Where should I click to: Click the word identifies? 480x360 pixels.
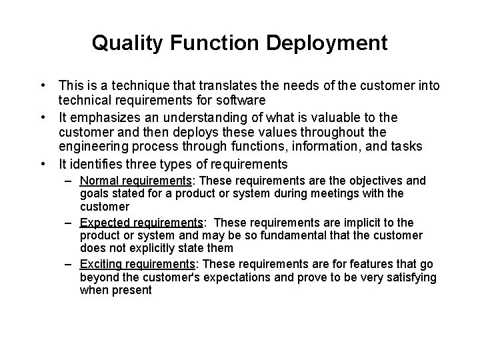pos(96,165)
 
